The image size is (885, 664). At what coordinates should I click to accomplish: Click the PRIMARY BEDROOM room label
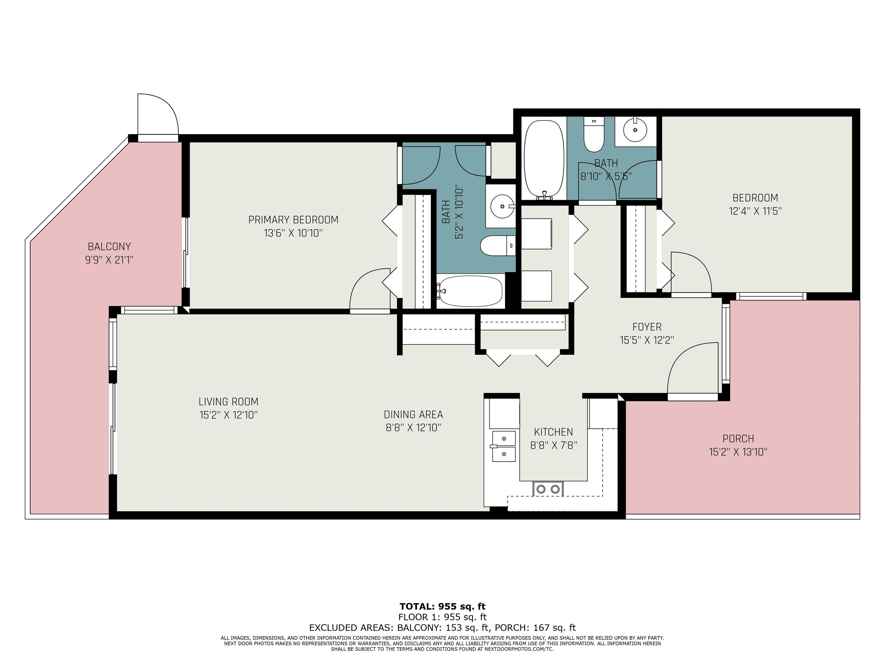[293, 220]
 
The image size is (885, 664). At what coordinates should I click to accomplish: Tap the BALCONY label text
[109, 246]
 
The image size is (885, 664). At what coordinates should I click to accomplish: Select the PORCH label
[738, 439]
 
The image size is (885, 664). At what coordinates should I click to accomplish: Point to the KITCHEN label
[553, 432]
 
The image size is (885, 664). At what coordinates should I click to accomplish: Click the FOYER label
[647, 327]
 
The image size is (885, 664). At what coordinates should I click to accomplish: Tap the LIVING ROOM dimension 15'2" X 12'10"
[228, 415]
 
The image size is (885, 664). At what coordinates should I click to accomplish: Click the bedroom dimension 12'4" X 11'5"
[755, 211]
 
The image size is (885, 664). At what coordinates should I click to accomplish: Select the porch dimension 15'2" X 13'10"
[738, 452]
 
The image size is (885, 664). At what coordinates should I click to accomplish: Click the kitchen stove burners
[548, 489]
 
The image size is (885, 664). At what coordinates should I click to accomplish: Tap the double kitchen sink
[504, 446]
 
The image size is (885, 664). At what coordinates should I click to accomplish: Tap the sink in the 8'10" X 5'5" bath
[635, 130]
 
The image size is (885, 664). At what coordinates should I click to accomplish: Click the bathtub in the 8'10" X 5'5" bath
[544, 160]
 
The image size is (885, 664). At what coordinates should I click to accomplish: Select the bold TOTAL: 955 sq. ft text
[442, 606]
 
